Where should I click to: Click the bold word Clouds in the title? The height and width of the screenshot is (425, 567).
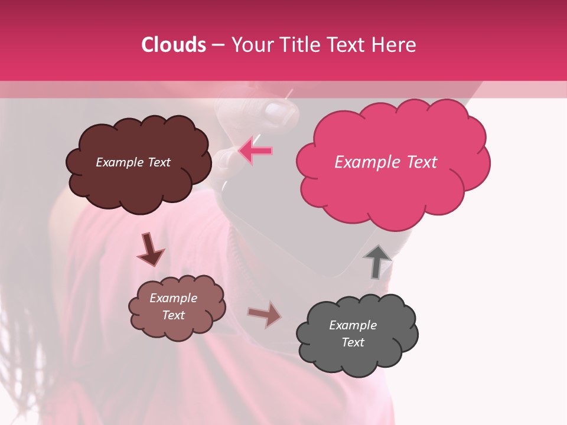tap(174, 45)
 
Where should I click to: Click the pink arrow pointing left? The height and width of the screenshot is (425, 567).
tap(255, 151)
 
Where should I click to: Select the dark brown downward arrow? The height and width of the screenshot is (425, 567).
tap(150, 249)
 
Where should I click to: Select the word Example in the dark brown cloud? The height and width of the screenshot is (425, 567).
tap(119, 162)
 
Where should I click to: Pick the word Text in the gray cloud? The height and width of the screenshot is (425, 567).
tap(353, 342)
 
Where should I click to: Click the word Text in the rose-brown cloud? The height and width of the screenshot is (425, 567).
tap(173, 315)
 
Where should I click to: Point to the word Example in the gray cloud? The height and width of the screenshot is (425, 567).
tap(353, 325)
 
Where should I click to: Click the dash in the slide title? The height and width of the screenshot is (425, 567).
tap(218, 45)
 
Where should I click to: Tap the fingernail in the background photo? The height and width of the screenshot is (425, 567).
tap(276, 110)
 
